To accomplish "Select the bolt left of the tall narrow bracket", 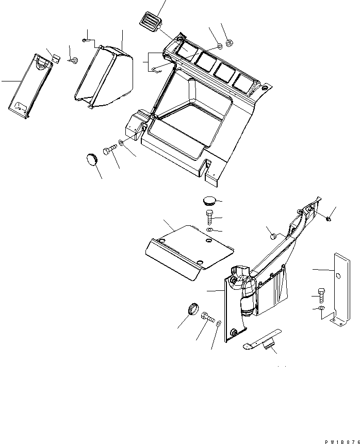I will click(322, 294).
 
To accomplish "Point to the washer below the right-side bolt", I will click(321, 309).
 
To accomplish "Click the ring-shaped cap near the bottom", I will click(192, 309).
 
